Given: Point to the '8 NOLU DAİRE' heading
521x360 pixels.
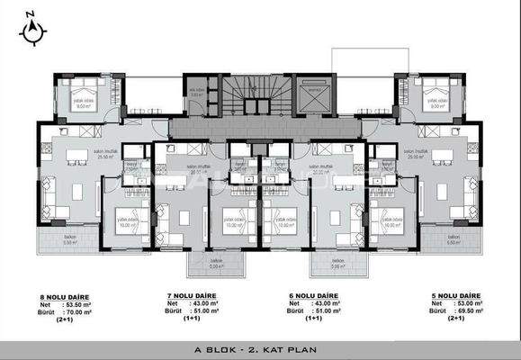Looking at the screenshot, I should click(58, 295).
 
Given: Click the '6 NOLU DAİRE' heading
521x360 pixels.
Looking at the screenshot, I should click(314, 295).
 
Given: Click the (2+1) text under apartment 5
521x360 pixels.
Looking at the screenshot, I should click(445, 319).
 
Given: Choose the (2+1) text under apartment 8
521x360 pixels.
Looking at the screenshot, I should click(66, 319).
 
